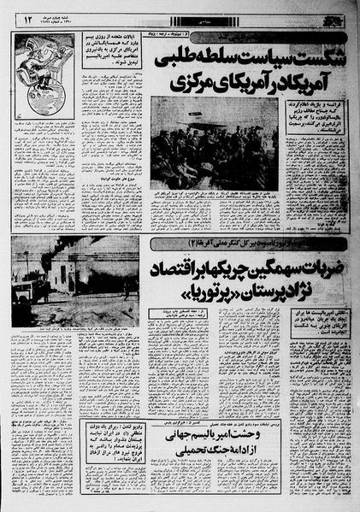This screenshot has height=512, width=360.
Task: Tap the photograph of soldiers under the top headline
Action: click(214, 141)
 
